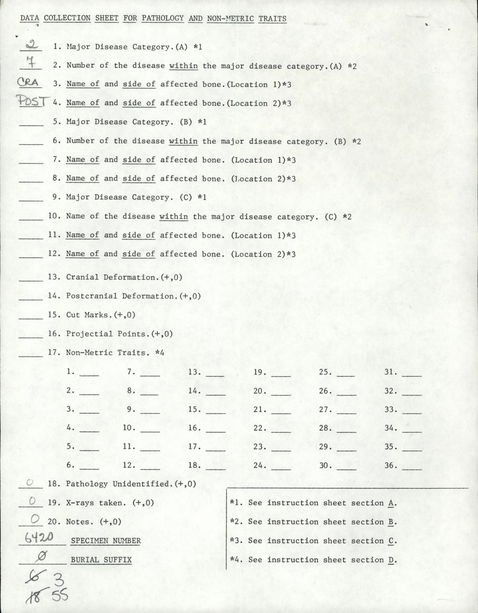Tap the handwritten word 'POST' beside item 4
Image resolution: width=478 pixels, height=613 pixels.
[33, 101]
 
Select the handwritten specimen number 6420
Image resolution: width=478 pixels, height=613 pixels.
[39, 537]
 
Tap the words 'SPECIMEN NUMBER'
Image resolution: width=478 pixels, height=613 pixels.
[106, 541]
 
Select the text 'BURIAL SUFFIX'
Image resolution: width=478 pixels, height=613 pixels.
[101, 560]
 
